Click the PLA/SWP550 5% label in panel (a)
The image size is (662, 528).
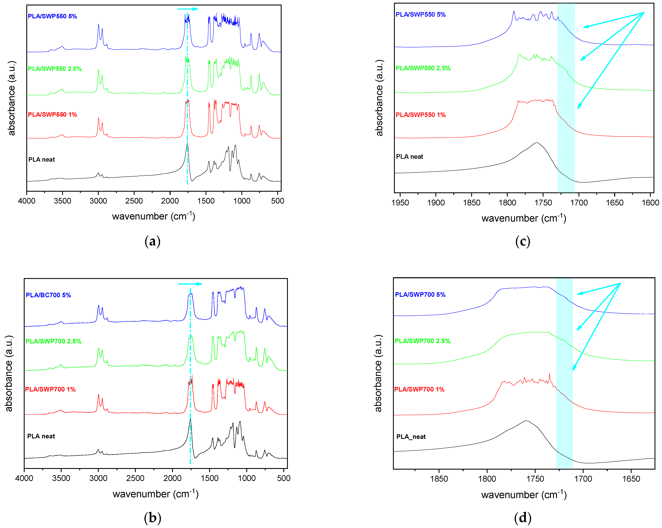click(x=52, y=16)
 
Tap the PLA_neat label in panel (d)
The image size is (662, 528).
click(x=411, y=437)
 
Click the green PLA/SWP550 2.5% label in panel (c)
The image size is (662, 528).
click(x=423, y=68)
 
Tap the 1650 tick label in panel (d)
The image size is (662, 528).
click(x=631, y=479)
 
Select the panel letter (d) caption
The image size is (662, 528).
click(x=523, y=518)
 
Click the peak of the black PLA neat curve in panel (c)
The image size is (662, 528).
click(x=536, y=143)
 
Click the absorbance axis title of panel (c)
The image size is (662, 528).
click(x=380, y=98)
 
